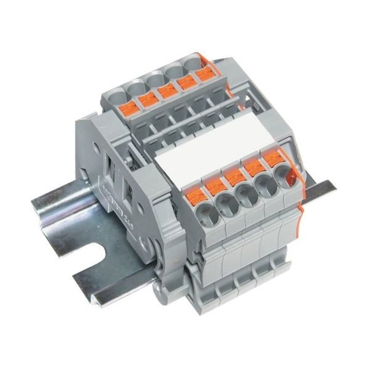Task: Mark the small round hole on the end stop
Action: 98,147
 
